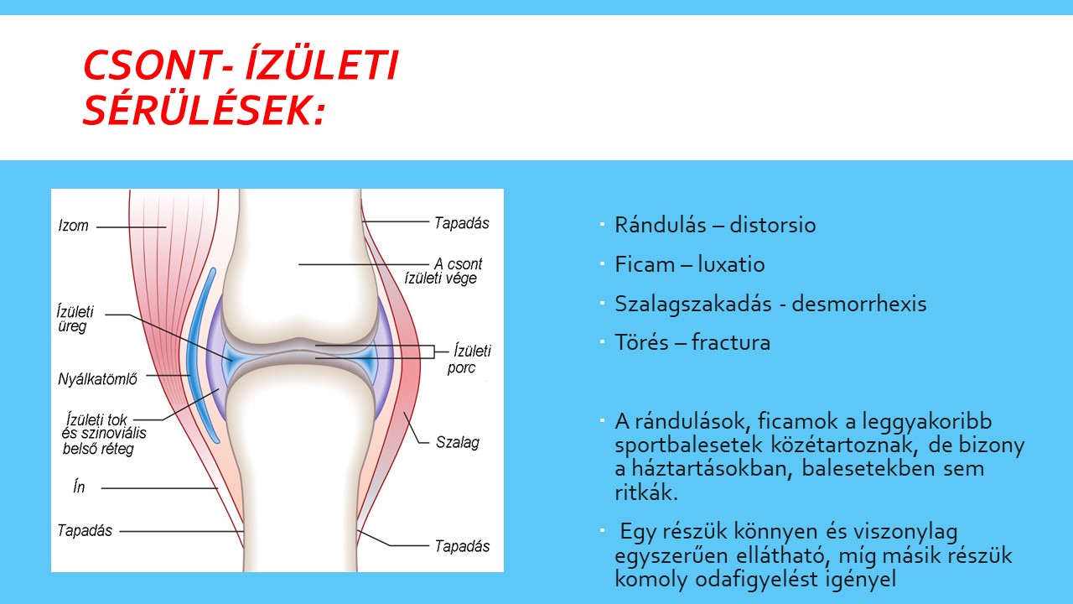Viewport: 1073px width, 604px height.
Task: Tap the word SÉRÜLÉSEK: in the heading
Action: tap(205, 110)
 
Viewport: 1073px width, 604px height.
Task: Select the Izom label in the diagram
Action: tap(73, 226)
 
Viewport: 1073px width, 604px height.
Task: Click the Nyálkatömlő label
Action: tap(97, 379)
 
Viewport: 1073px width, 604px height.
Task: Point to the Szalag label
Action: tap(458, 442)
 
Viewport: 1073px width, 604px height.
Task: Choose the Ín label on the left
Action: tap(79, 487)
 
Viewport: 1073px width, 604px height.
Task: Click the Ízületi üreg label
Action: tap(75, 319)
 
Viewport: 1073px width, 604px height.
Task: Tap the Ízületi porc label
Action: tap(469, 359)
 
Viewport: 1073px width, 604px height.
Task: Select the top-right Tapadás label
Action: tap(462, 223)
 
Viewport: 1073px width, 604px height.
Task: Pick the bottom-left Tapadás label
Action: tap(85, 530)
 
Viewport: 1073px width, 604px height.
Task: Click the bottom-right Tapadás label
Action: tap(462, 546)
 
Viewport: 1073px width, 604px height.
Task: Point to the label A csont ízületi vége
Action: tap(443, 271)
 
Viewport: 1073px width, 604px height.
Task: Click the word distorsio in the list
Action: tap(772, 225)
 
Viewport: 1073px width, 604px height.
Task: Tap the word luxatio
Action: tap(731, 264)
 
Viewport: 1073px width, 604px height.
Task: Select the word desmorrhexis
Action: tap(859, 304)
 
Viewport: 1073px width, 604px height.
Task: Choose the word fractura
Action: tap(731, 342)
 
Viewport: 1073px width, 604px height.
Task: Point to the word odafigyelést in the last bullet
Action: tap(753, 579)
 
